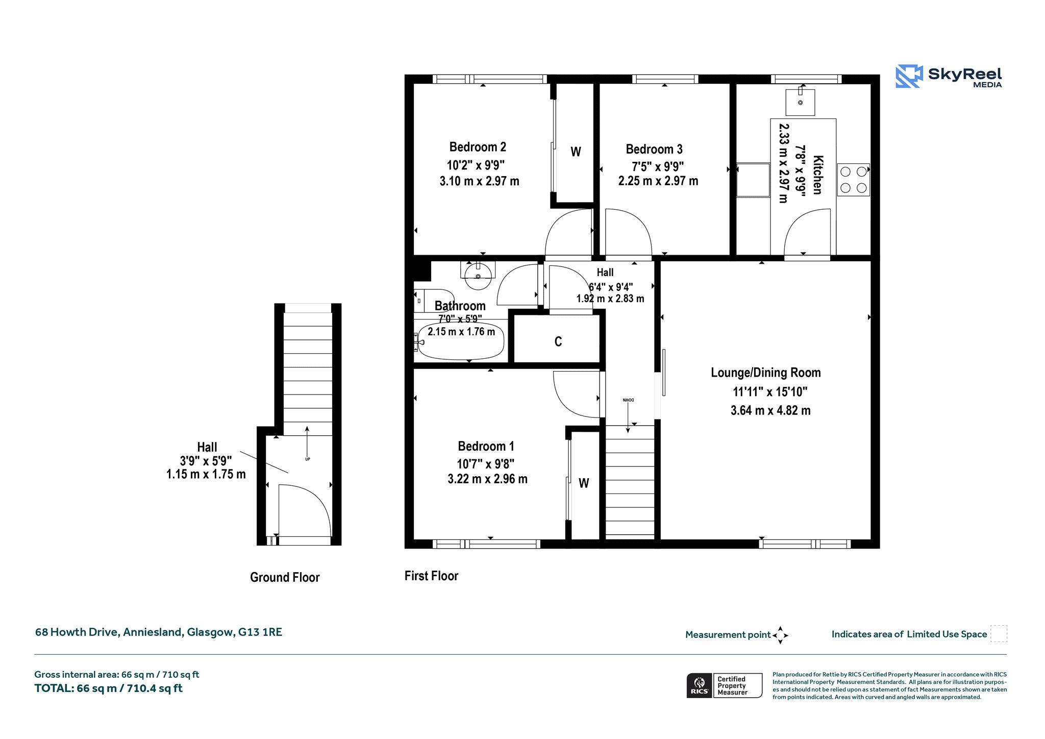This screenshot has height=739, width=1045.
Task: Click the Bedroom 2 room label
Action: click(x=478, y=147)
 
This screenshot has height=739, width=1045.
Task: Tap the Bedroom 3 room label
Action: click(x=654, y=149)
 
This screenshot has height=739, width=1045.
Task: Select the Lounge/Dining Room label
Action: click(x=766, y=373)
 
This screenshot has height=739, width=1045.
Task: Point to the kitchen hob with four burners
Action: click(x=853, y=180)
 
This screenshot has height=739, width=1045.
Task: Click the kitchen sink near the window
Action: click(x=800, y=102)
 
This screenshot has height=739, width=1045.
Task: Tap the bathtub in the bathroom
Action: click(x=461, y=341)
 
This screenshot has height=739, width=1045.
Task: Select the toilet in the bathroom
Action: click(x=434, y=301)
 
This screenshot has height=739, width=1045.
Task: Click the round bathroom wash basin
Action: click(x=478, y=276)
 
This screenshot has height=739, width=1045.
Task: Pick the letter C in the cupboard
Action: click(x=558, y=341)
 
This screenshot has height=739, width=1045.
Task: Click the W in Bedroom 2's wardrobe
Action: click(x=576, y=152)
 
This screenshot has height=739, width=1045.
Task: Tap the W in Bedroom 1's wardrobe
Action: click(x=584, y=483)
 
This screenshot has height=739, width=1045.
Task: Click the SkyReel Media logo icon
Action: click(x=909, y=76)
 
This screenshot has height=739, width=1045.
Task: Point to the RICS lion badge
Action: click(x=700, y=685)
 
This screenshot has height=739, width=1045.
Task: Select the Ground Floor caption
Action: click(x=285, y=577)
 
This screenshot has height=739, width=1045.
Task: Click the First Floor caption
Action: click(x=431, y=576)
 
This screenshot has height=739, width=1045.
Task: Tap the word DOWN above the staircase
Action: click(x=628, y=400)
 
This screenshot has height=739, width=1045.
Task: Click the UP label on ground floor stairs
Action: click(x=308, y=459)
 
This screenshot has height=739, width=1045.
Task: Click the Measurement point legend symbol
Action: click(x=780, y=635)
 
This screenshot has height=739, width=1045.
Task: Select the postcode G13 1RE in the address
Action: click(x=260, y=632)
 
